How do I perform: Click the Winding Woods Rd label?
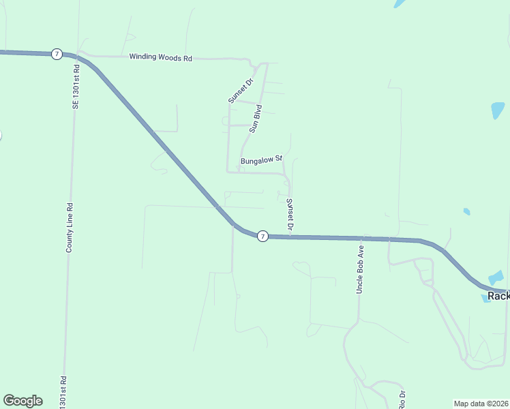[160, 58]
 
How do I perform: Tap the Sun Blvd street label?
[256, 117]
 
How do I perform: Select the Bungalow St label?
[261, 161]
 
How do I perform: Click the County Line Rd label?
[69, 227]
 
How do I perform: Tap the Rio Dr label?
[402, 399]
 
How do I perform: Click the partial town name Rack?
[498, 296]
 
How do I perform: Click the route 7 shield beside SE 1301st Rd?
[55, 54]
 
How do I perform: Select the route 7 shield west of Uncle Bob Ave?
[262, 236]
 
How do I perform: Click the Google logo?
[22, 401]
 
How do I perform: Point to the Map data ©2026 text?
[481, 404]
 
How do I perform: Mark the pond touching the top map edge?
[400, 3]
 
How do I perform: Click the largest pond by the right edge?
[498, 110]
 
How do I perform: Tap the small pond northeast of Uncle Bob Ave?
[466, 211]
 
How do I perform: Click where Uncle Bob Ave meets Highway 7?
[360, 239]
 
